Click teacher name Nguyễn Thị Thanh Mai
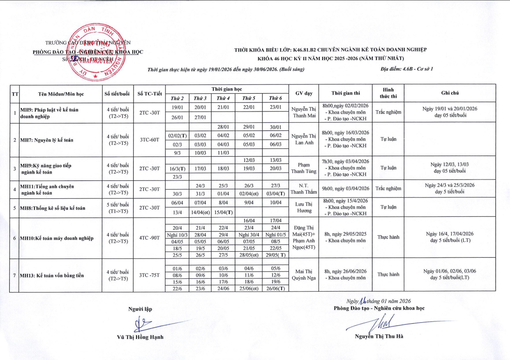pos(304,112)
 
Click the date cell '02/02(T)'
pos(177,135)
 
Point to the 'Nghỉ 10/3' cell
pos(177,235)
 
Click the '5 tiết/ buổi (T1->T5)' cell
pos(117,208)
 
